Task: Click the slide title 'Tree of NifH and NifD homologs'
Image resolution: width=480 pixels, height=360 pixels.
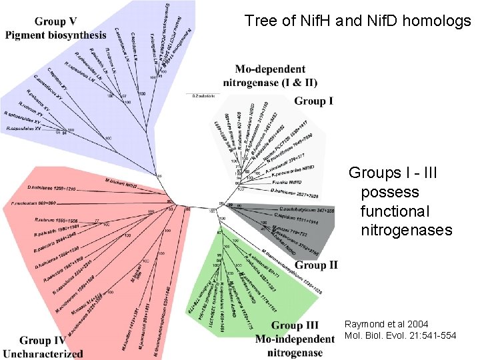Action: pos(357,21)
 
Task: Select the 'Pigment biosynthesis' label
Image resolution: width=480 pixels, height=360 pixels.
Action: pos(55,35)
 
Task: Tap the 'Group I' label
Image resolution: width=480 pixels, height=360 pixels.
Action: pos(314,101)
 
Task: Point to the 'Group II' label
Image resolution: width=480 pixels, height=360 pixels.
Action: pos(316,265)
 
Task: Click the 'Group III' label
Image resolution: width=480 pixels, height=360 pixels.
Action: pos(295,325)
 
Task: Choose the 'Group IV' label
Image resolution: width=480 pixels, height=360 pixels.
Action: pos(43,341)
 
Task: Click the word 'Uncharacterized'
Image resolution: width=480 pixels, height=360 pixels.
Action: pos(43,353)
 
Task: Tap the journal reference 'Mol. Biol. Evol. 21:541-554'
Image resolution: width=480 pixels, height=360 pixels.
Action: pos(400,335)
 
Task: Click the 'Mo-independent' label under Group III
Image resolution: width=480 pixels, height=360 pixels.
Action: pos(295,339)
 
